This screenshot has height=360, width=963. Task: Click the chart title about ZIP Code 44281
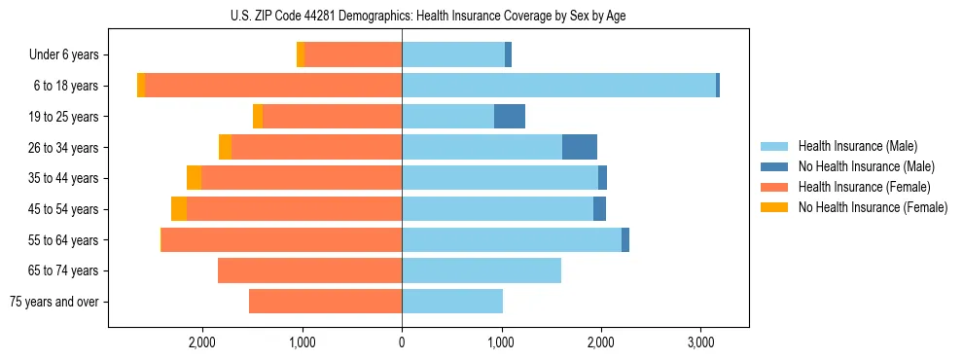point(428,16)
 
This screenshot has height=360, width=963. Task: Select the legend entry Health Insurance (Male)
point(857,146)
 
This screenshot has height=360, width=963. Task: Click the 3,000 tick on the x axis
point(700,342)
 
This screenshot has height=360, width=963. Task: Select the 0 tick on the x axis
point(402,342)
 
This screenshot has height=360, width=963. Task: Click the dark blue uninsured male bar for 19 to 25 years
point(510,117)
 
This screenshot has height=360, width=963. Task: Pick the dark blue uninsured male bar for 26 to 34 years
point(580,147)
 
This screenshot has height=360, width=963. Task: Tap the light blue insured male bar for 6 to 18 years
point(558,86)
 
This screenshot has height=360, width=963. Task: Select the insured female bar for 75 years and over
point(325,302)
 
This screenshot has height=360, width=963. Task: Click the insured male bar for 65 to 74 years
point(481,270)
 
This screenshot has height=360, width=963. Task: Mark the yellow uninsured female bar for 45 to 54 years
point(179,209)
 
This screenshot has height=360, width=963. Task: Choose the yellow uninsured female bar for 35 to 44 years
point(194,178)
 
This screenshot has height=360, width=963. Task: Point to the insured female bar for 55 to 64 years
point(282,239)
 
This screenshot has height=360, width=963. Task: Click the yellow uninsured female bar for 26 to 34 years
point(225,147)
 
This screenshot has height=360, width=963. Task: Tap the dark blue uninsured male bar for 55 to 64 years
point(625,239)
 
